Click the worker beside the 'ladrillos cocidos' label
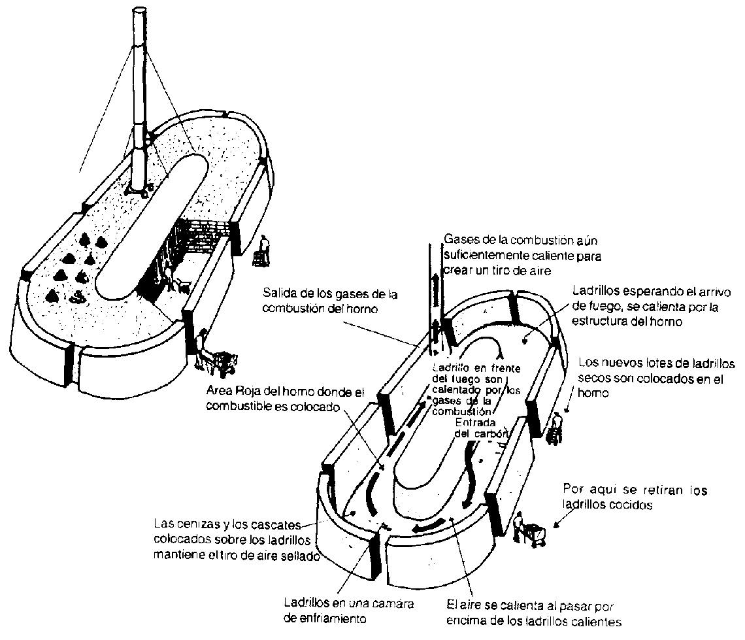tap(519, 527)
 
